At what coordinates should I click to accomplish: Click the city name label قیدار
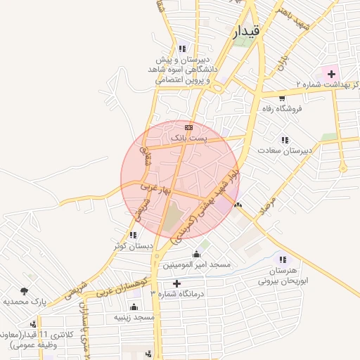coord(247,31)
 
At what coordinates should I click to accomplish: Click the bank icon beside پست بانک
coord(188,127)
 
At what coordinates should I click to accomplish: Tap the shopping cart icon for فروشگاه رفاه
coord(282,98)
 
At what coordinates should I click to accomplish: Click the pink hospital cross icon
coord(330,74)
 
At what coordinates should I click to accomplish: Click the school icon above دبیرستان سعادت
coord(285,140)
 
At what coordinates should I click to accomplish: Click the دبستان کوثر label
coord(132,246)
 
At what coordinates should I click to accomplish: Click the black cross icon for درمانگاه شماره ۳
coord(176,283)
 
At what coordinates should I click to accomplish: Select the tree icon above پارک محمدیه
coord(25,290)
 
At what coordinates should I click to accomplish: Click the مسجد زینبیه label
coord(134,317)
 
